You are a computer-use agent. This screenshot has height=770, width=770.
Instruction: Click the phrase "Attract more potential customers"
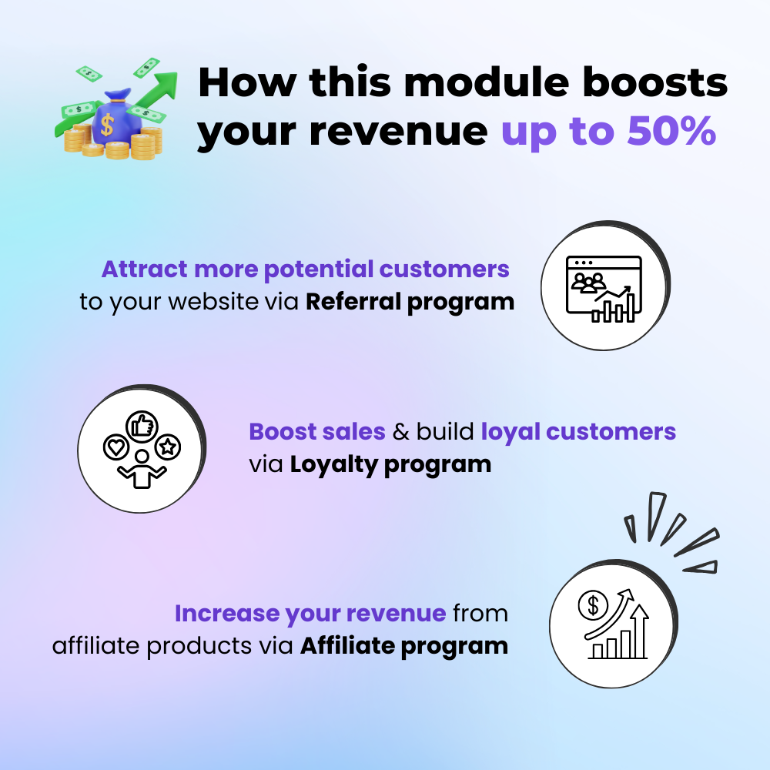pos(306,269)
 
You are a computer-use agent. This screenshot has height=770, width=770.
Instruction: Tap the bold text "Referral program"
pos(410,301)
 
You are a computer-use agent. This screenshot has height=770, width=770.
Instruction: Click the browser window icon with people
pos(603,288)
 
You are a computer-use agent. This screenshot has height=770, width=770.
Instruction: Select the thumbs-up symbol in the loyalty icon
pos(142,423)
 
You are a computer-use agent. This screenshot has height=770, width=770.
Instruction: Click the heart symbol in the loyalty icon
pos(114,446)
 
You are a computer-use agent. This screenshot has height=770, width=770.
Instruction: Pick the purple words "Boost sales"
pos(317,431)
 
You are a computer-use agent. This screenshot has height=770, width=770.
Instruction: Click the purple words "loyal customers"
pos(578,431)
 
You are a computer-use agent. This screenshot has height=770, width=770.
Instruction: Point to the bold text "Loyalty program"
pos(390,464)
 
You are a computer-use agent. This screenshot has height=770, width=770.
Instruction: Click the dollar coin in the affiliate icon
pos(593,606)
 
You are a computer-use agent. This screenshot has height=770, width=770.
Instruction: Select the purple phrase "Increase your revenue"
pos(310,614)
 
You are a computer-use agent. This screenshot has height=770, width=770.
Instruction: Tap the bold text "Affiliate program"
pos(404,645)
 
